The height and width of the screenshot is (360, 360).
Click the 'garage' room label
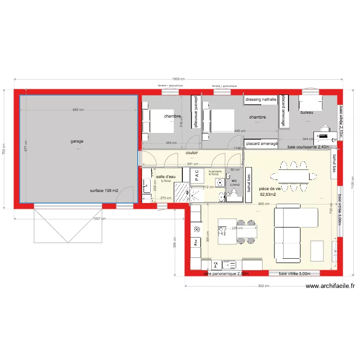point(77,141)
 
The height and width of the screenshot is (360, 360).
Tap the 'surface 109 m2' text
point(104,191)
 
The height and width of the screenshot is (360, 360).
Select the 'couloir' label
point(192,153)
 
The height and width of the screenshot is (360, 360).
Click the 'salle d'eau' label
point(166,177)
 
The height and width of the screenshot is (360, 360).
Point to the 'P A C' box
point(197,176)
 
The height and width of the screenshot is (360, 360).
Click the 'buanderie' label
point(215,171)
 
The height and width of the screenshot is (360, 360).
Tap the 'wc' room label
point(234,180)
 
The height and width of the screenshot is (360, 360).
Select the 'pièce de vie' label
point(269,189)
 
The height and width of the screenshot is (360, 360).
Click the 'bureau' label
point(307,112)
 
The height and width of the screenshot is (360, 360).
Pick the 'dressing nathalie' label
point(261,100)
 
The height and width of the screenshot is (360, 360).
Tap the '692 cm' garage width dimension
point(78,110)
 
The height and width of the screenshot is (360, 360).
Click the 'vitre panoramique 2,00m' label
point(226,274)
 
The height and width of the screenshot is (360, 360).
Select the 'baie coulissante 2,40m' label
point(308,147)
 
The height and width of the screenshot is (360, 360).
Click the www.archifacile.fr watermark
point(330,287)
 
